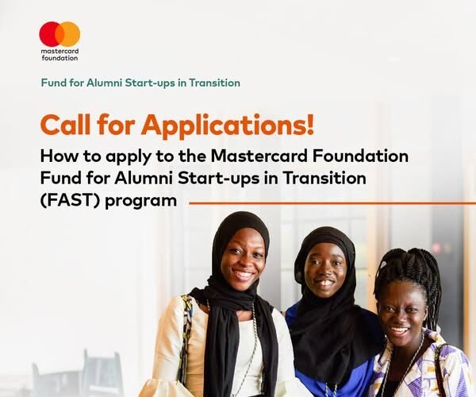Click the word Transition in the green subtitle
pyautogui.click(x=209, y=83)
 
